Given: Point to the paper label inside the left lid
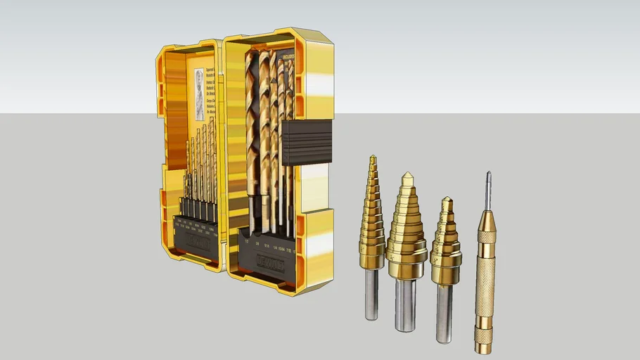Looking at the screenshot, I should pyautogui.click(x=199, y=93).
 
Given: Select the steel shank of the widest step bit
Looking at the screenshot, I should pyautogui.click(x=405, y=302).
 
